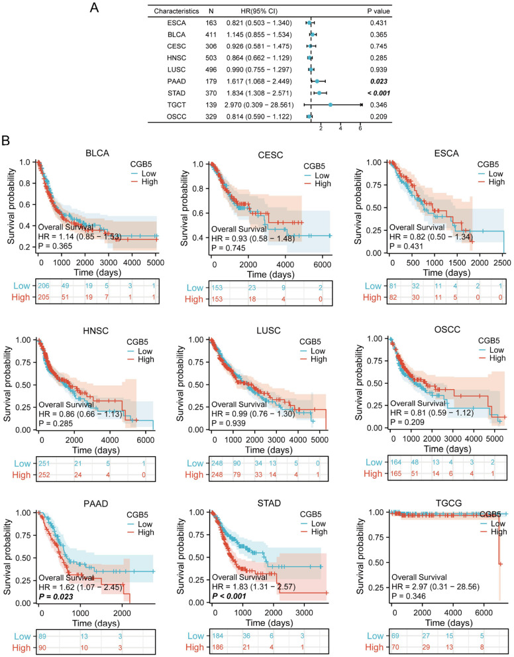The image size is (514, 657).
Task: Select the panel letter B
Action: (x=6, y=141)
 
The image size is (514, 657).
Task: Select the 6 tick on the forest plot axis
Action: (x=360, y=129)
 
